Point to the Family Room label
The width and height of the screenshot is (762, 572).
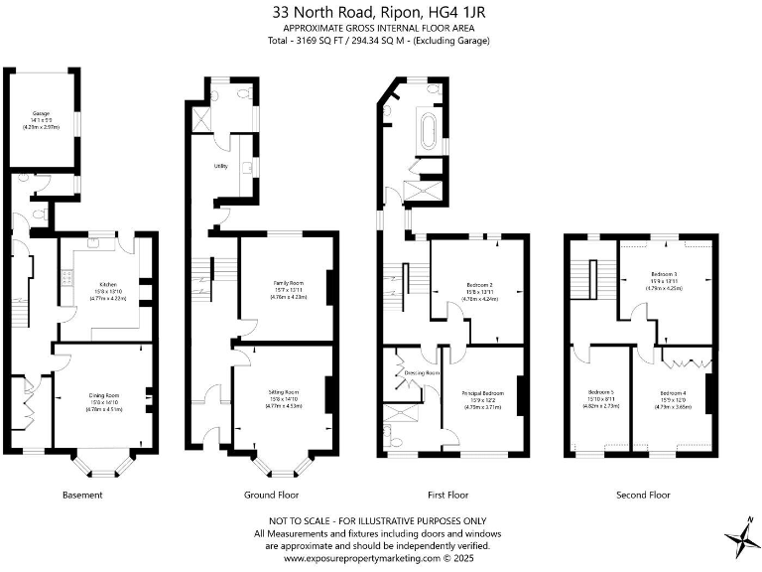288,283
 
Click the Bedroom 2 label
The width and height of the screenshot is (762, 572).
479,285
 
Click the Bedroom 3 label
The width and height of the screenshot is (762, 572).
664,273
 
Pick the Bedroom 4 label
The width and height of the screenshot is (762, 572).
671,395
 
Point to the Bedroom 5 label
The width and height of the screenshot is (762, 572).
600,395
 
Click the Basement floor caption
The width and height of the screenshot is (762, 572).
82,495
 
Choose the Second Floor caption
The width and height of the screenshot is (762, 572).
642,495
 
